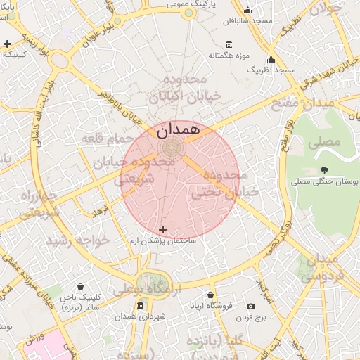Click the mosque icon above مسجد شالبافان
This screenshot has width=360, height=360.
tap(247, 10)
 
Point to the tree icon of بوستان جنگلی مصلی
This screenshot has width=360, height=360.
tap(324, 170)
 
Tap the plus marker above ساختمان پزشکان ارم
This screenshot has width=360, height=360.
tap(163, 229)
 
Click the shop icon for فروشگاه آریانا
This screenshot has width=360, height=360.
tap(211, 295)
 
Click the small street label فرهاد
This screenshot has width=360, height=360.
tap(102, 210)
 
